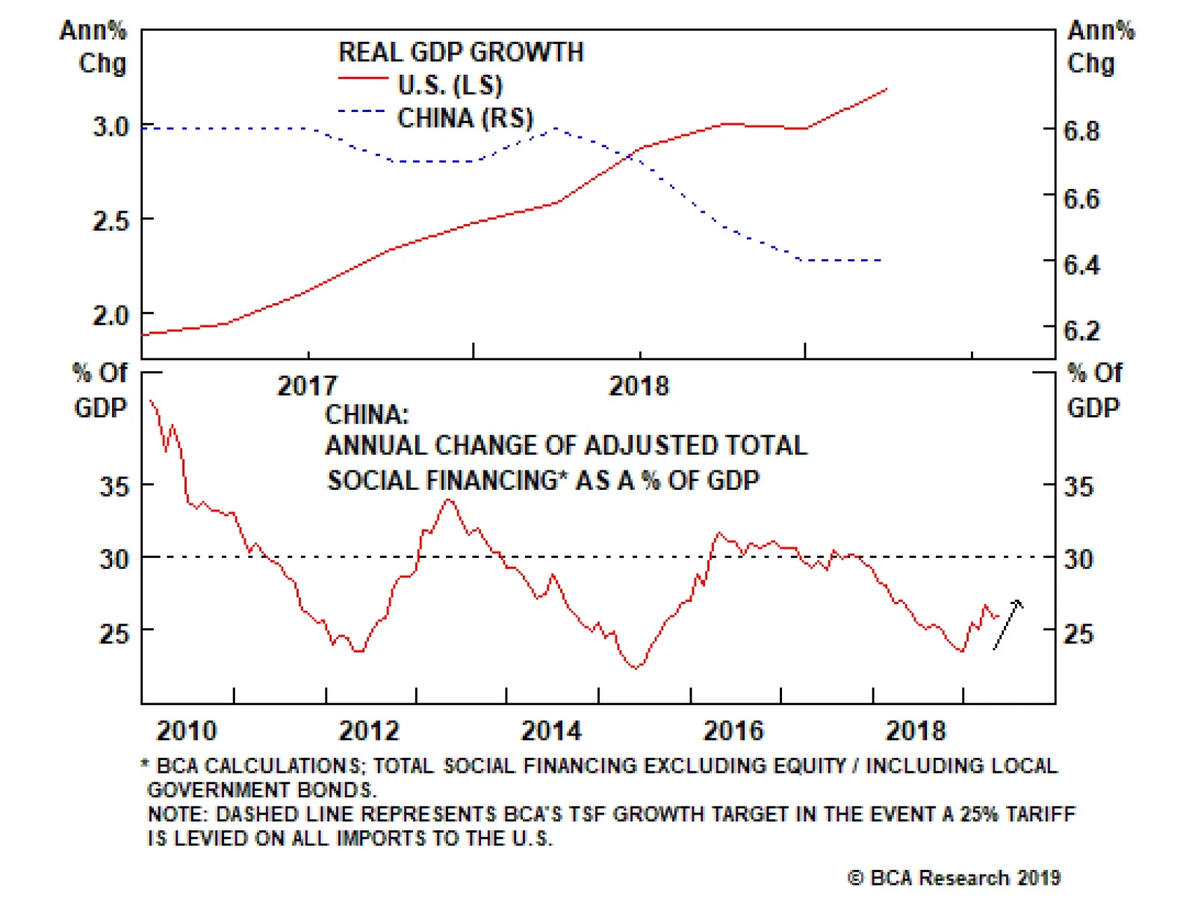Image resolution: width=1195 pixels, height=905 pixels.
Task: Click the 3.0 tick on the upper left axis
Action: point(111,126)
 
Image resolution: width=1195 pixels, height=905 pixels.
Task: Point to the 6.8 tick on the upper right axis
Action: point(1081,131)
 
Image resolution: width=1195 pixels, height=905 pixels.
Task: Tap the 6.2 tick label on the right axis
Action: point(1081,331)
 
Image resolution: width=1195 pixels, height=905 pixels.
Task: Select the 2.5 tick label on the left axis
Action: point(111,221)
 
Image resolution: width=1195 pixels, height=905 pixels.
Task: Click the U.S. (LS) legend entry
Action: point(450,85)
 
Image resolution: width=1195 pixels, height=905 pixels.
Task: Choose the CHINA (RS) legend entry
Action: point(465,118)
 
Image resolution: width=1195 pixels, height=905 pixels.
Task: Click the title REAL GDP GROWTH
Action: point(461,52)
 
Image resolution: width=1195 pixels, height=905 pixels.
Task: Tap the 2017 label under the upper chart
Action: point(307,386)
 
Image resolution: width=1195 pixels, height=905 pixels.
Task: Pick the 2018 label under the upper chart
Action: point(639,386)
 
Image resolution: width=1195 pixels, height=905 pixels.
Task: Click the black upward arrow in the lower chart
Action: point(1008,624)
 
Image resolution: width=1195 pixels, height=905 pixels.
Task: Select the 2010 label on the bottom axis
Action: point(186,730)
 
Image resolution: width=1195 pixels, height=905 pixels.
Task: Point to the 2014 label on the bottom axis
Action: point(550,730)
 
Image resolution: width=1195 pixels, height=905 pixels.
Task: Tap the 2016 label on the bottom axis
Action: point(733,730)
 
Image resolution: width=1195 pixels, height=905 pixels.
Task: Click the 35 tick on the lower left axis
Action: point(114,487)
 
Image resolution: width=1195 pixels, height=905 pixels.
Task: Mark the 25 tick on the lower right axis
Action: point(1078,634)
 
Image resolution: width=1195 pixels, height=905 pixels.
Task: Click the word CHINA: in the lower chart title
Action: point(367,414)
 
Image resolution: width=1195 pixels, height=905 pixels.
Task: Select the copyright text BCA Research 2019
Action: point(955,878)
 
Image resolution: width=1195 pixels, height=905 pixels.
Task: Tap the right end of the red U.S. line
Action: point(887,89)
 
